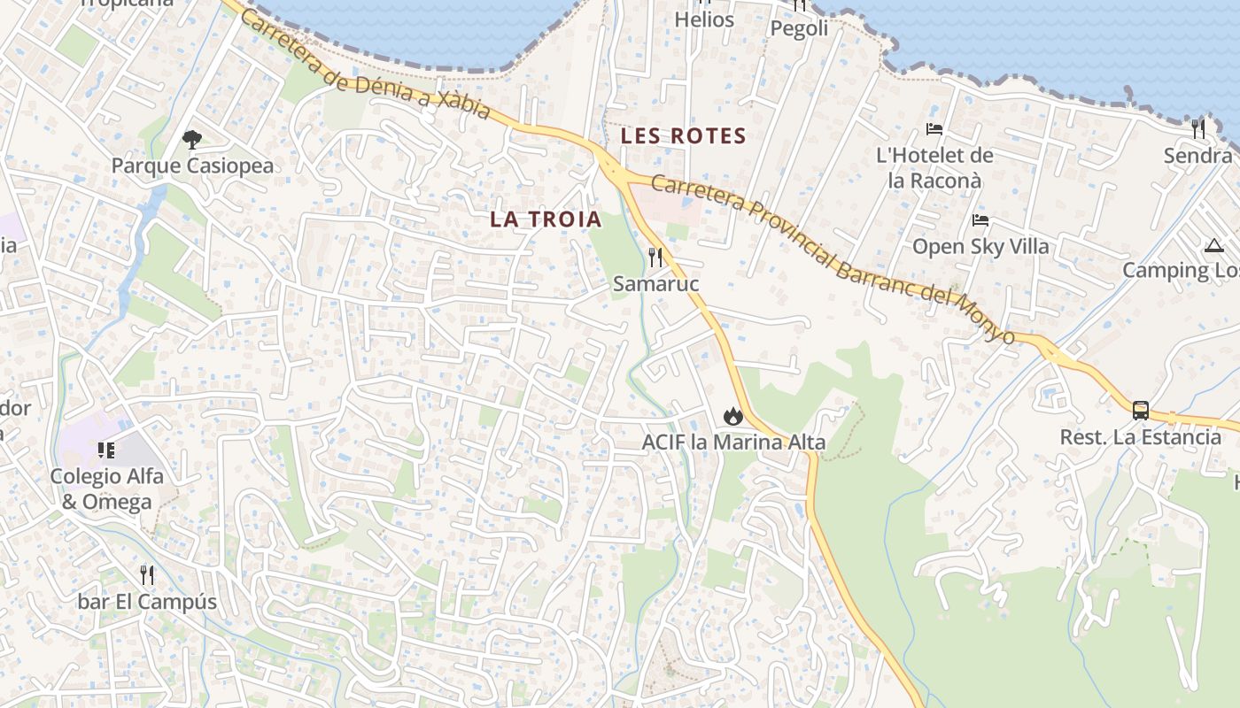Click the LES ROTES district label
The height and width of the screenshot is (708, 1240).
[683, 136]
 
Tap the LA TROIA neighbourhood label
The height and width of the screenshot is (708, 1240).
[546, 219]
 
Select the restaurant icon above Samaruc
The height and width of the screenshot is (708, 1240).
[655, 258]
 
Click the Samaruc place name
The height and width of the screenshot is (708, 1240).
[655, 284]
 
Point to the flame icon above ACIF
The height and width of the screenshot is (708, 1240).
[732, 415]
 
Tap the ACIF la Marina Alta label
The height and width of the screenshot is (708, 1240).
[733, 442]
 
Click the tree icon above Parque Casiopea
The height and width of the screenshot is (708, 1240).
[191, 139]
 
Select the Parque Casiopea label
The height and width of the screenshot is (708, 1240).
[192, 165]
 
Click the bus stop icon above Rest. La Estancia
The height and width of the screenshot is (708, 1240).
[1141, 411]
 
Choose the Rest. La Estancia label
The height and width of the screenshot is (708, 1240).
[1141, 437]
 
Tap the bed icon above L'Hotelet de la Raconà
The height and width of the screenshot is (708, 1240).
[934, 129]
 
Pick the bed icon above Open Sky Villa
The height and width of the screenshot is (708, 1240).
[980, 220]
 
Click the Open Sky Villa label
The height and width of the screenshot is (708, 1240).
[980, 246]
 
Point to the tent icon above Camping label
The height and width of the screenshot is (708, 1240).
[1213, 245]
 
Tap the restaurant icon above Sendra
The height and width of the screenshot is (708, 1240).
[1198, 129]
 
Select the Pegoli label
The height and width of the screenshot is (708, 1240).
[799, 28]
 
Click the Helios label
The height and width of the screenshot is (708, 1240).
[704, 19]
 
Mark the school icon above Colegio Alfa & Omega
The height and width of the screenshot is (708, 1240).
[106, 450]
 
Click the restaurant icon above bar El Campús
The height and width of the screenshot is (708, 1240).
[147, 575]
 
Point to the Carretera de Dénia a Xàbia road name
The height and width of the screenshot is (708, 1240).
[364, 65]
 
